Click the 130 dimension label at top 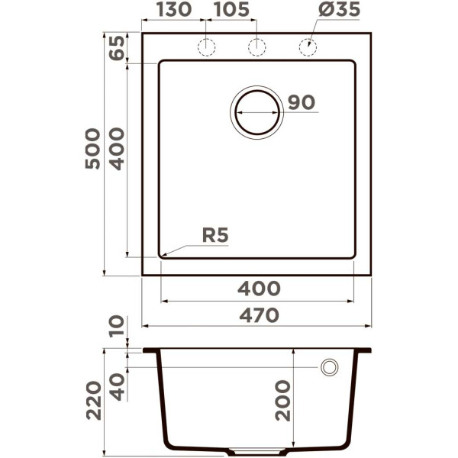click(x=174, y=9)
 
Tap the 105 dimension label click(x=232, y=9)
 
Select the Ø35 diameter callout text click(x=339, y=9)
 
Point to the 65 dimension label click(x=117, y=47)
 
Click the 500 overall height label click(x=93, y=149)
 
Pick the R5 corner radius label click(x=215, y=235)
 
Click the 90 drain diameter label click(x=302, y=102)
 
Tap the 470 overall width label click(x=259, y=316)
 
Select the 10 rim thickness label click(x=117, y=326)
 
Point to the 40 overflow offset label click(x=118, y=387)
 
